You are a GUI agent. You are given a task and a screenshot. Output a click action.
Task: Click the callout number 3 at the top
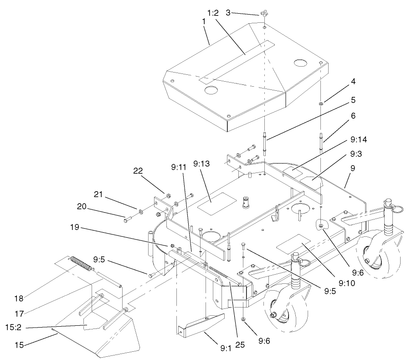pos(228,12)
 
